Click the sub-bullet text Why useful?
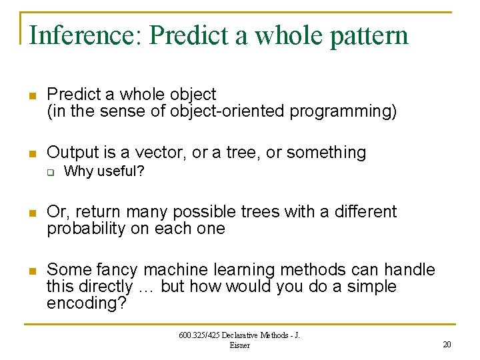[104, 171]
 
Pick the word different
[364, 212]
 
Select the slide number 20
[446, 344]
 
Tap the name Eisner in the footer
[239, 345]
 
